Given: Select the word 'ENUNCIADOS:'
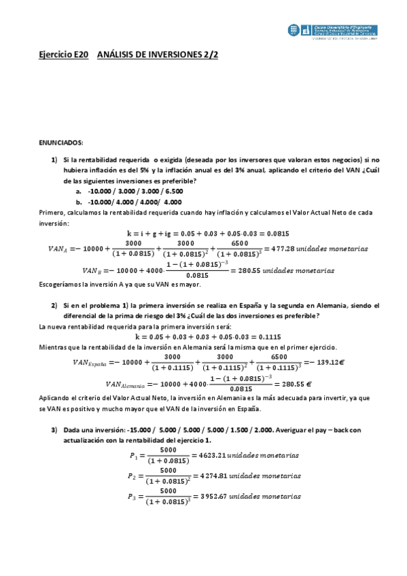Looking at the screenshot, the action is pos(60,142).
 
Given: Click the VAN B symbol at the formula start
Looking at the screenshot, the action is pos(90,270).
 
